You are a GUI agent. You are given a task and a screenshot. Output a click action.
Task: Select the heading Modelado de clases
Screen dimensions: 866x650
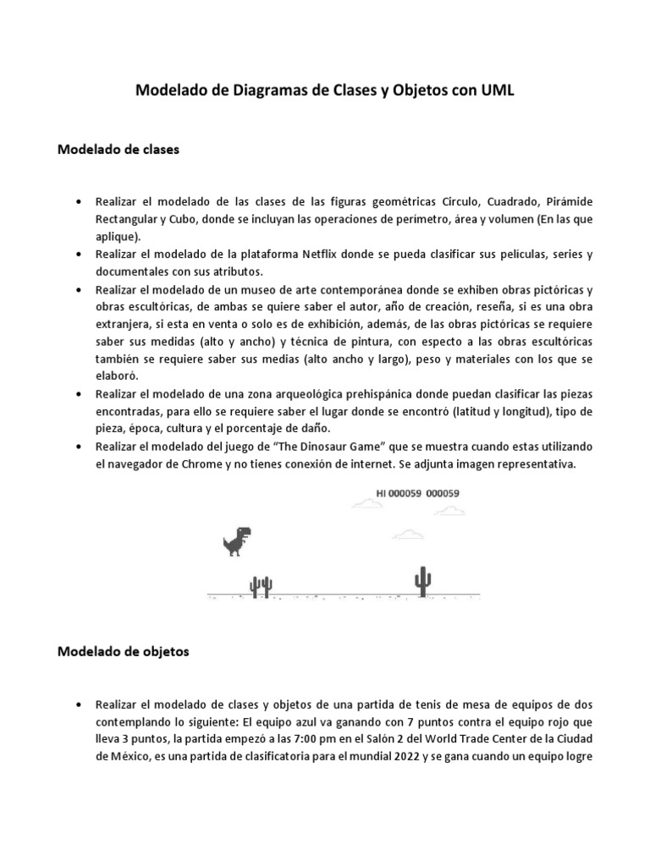coord(118,149)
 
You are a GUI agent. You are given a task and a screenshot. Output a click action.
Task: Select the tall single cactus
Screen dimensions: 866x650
coord(421,581)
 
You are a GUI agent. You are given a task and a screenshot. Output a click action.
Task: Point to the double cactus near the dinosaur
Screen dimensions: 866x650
coord(260,585)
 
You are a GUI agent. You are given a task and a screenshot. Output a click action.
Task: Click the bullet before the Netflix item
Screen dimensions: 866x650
coord(79,255)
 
